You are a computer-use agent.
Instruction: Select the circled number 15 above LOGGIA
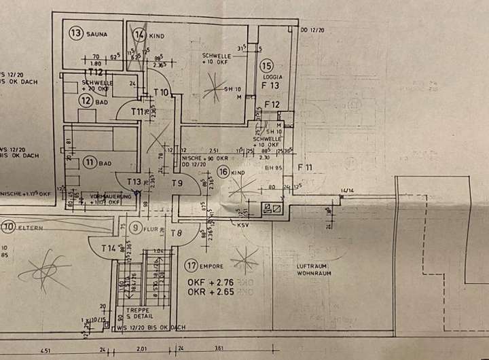(266, 66)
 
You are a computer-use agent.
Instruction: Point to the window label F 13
(271, 86)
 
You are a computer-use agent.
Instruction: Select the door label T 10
(161, 92)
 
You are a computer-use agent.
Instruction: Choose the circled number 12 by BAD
(85, 100)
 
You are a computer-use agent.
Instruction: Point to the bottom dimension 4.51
(45, 351)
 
